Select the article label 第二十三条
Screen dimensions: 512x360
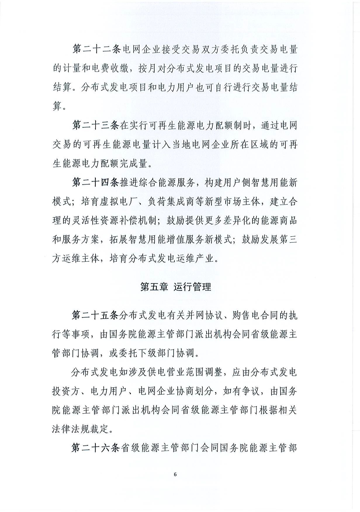point(95,126)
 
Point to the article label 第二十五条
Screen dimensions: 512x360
point(95,315)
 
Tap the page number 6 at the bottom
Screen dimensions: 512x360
point(175,475)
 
